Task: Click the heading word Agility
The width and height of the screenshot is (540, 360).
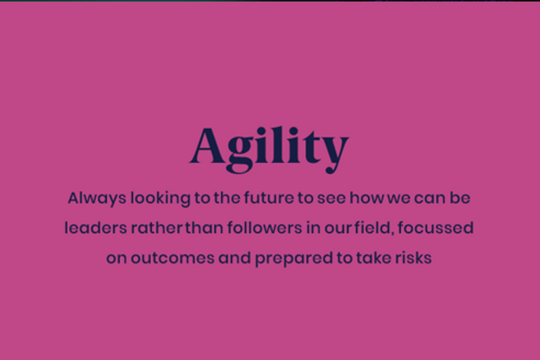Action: tap(269, 150)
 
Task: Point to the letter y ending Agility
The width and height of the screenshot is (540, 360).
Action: tap(333, 154)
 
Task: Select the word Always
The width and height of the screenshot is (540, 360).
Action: tap(97, 199)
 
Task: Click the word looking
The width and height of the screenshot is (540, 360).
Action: tap(160, 199)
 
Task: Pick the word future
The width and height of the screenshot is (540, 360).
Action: tap(269, 198)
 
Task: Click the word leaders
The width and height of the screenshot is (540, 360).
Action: tap(96, 228)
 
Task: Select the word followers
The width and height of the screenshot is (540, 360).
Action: tap(265, 228)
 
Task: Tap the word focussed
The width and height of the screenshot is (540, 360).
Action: tap(435, 228)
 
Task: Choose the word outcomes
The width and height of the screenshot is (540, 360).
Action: tap(173, 258)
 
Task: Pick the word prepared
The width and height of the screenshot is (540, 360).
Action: tap(294, 259)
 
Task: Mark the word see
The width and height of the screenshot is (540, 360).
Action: tap(331, 199)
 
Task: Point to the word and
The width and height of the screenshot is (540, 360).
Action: tap(234, 258)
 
